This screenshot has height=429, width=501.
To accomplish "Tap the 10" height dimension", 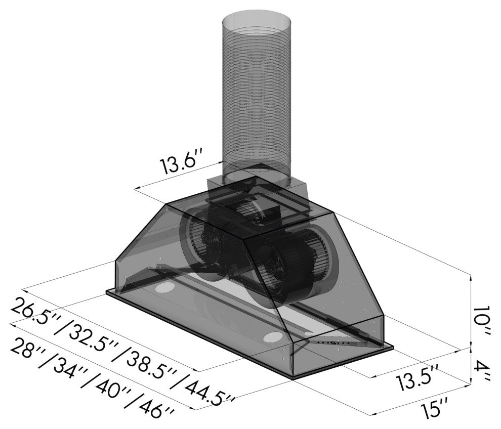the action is (x=481, y=323).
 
